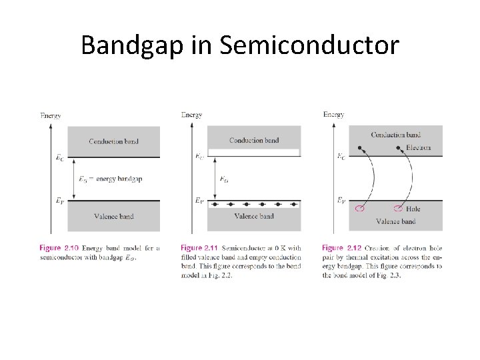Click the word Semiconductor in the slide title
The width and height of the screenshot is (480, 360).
point(309,45)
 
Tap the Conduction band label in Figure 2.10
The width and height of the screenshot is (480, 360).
point(113,141)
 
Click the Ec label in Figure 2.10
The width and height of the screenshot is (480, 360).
point(60,158)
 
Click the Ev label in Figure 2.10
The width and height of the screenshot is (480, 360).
point(60,199)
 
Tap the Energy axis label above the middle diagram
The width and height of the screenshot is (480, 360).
point(191,115)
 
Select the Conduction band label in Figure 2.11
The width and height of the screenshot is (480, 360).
point(254,140)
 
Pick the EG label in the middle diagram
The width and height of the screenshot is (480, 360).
point(224,179)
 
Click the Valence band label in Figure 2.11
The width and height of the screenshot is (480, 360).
point(254,216)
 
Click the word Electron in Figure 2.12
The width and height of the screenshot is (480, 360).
point(418,147)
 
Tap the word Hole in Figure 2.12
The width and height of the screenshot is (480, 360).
point(413,209)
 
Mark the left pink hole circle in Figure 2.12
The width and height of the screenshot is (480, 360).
point(360,209)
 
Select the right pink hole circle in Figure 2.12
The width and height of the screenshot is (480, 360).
point(401,209)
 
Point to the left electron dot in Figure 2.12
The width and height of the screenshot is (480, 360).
point(360,147)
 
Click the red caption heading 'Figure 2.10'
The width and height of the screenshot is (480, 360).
point(59,248)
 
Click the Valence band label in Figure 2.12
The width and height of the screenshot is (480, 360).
point(395,221)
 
